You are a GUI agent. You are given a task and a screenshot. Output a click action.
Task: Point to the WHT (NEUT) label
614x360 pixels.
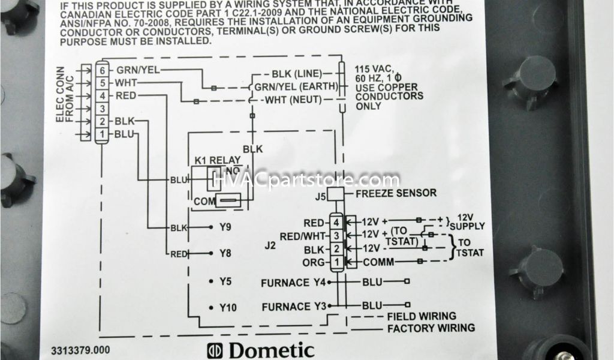294,100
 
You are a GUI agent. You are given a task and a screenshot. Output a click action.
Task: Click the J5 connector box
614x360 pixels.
335,193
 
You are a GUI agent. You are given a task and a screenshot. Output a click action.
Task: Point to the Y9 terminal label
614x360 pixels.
225,227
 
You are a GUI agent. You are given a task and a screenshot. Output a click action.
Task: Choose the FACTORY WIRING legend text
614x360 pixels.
431,328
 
